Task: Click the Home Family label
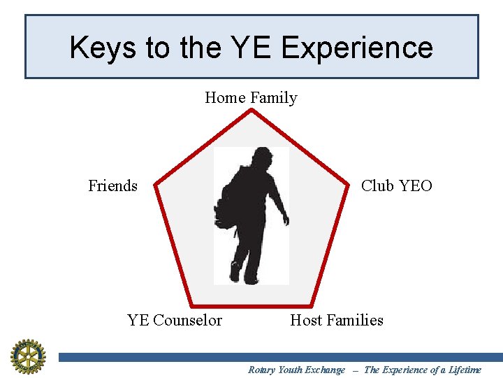251,98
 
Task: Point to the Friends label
112,185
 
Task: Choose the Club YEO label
396,185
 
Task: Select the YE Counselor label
175,320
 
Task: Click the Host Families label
337,320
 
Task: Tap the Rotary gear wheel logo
27,356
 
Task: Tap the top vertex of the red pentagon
251,111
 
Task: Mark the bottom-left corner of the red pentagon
192,305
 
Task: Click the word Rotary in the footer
261,370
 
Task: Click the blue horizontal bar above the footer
279,357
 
